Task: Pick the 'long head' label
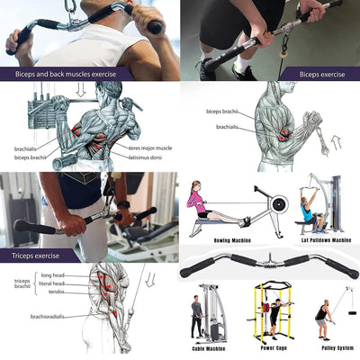(x=53, y=274)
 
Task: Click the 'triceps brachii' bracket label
(x=22, y=283)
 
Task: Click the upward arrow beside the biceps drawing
(x=337, y=141)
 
